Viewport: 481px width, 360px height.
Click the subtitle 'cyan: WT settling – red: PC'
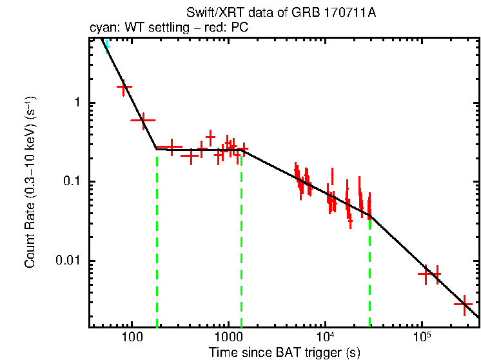pos(168,28)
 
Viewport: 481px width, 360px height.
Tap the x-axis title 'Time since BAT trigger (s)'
pos(284,352)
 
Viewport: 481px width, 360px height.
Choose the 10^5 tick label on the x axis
pos(422,337)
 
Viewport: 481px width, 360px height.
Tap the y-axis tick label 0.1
pos(72,182)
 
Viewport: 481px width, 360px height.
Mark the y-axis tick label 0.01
pos(69,261)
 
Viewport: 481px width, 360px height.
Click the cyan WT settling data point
pos(107,46)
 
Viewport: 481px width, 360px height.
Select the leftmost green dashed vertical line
pos(157,239)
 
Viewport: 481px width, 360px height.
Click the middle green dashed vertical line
pos(241,239)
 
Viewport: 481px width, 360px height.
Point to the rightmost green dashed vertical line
pos(369,271)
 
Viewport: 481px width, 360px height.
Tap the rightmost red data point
pos(464,304)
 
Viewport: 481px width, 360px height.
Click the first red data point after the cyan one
pos(124,86)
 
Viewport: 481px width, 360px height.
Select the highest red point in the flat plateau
pos(210,137)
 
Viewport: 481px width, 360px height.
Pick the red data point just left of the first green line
pos(143,120)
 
